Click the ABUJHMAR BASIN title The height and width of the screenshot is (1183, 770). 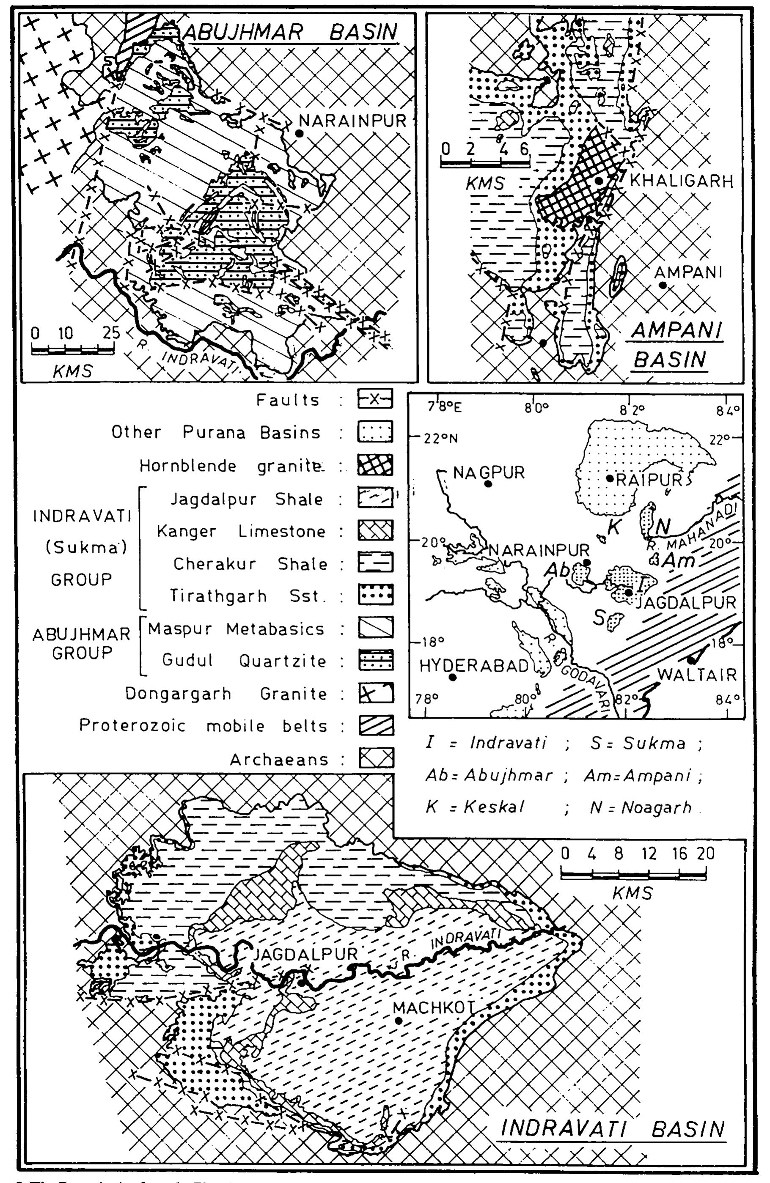(x=291, y=32)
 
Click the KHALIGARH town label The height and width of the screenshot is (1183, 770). (x=681, y=181)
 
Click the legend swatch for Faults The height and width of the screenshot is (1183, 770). (x=375, y=399)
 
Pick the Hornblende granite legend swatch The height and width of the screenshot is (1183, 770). (x=375, y=465)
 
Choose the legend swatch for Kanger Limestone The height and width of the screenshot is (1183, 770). (x=375, y=530)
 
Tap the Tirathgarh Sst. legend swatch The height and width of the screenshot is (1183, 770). (x=375, y=595)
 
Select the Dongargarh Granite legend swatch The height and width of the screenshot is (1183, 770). (x=375, y=693)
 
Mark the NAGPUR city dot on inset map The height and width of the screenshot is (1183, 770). (x=488, y=483)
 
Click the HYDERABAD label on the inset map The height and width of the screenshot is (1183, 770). (x=474, y=666)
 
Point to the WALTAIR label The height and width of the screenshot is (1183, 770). (x=696, y=675)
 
